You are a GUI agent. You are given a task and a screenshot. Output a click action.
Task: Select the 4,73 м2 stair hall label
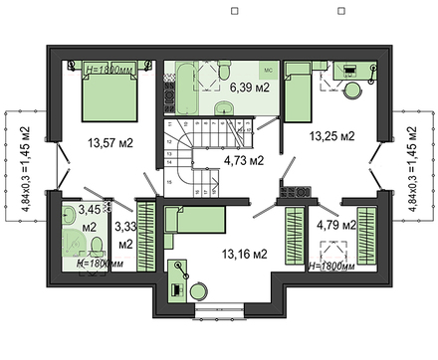242,159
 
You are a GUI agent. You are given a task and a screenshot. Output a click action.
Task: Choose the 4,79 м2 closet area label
334,226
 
